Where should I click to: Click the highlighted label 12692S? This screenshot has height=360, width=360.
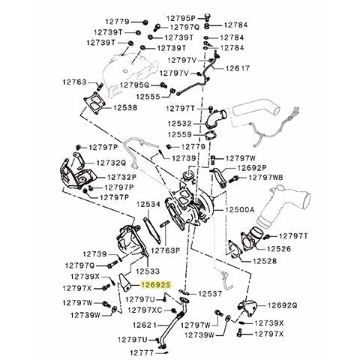155,285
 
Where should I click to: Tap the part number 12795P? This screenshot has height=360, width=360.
181,18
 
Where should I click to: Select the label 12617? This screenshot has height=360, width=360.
238,68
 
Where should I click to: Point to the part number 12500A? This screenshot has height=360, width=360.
240,209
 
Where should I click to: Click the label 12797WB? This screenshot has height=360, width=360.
265,178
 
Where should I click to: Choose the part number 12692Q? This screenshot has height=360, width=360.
283,305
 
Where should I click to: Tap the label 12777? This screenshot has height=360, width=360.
142,352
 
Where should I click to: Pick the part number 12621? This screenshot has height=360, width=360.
145,325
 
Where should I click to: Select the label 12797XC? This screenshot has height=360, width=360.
145,310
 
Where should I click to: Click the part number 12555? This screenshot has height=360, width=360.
148,97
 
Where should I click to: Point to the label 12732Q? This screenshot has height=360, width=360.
112,163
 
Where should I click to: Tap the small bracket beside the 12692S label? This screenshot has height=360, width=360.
125,283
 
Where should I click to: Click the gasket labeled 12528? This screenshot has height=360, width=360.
234,250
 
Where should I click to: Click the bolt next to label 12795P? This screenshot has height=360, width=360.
207,17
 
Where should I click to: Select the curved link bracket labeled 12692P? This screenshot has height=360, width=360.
218,177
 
